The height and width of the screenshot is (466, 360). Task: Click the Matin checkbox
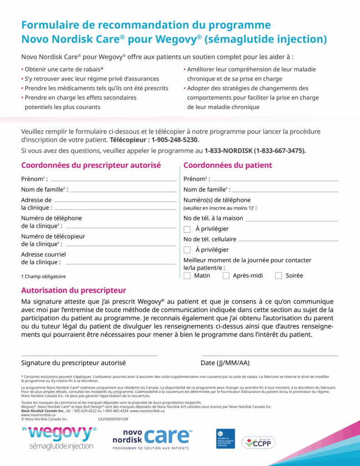187,276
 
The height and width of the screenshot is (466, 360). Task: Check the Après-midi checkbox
226,276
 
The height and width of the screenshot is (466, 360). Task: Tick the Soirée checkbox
279,276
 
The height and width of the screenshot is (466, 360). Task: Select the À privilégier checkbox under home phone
187,229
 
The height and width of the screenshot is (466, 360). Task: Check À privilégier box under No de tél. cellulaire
187,250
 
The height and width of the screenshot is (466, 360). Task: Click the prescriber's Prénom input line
114,180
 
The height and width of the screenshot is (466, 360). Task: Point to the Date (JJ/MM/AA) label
225,363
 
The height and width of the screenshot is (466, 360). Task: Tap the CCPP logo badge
259,442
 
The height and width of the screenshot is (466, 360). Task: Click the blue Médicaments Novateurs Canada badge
225,439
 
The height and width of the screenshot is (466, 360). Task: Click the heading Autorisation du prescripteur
74,290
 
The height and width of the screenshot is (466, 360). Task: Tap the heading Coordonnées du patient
228,165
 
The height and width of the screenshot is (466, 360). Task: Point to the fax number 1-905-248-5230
175,140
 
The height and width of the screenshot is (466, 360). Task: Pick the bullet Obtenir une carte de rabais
64,69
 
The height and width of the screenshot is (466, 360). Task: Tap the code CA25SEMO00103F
113,419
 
